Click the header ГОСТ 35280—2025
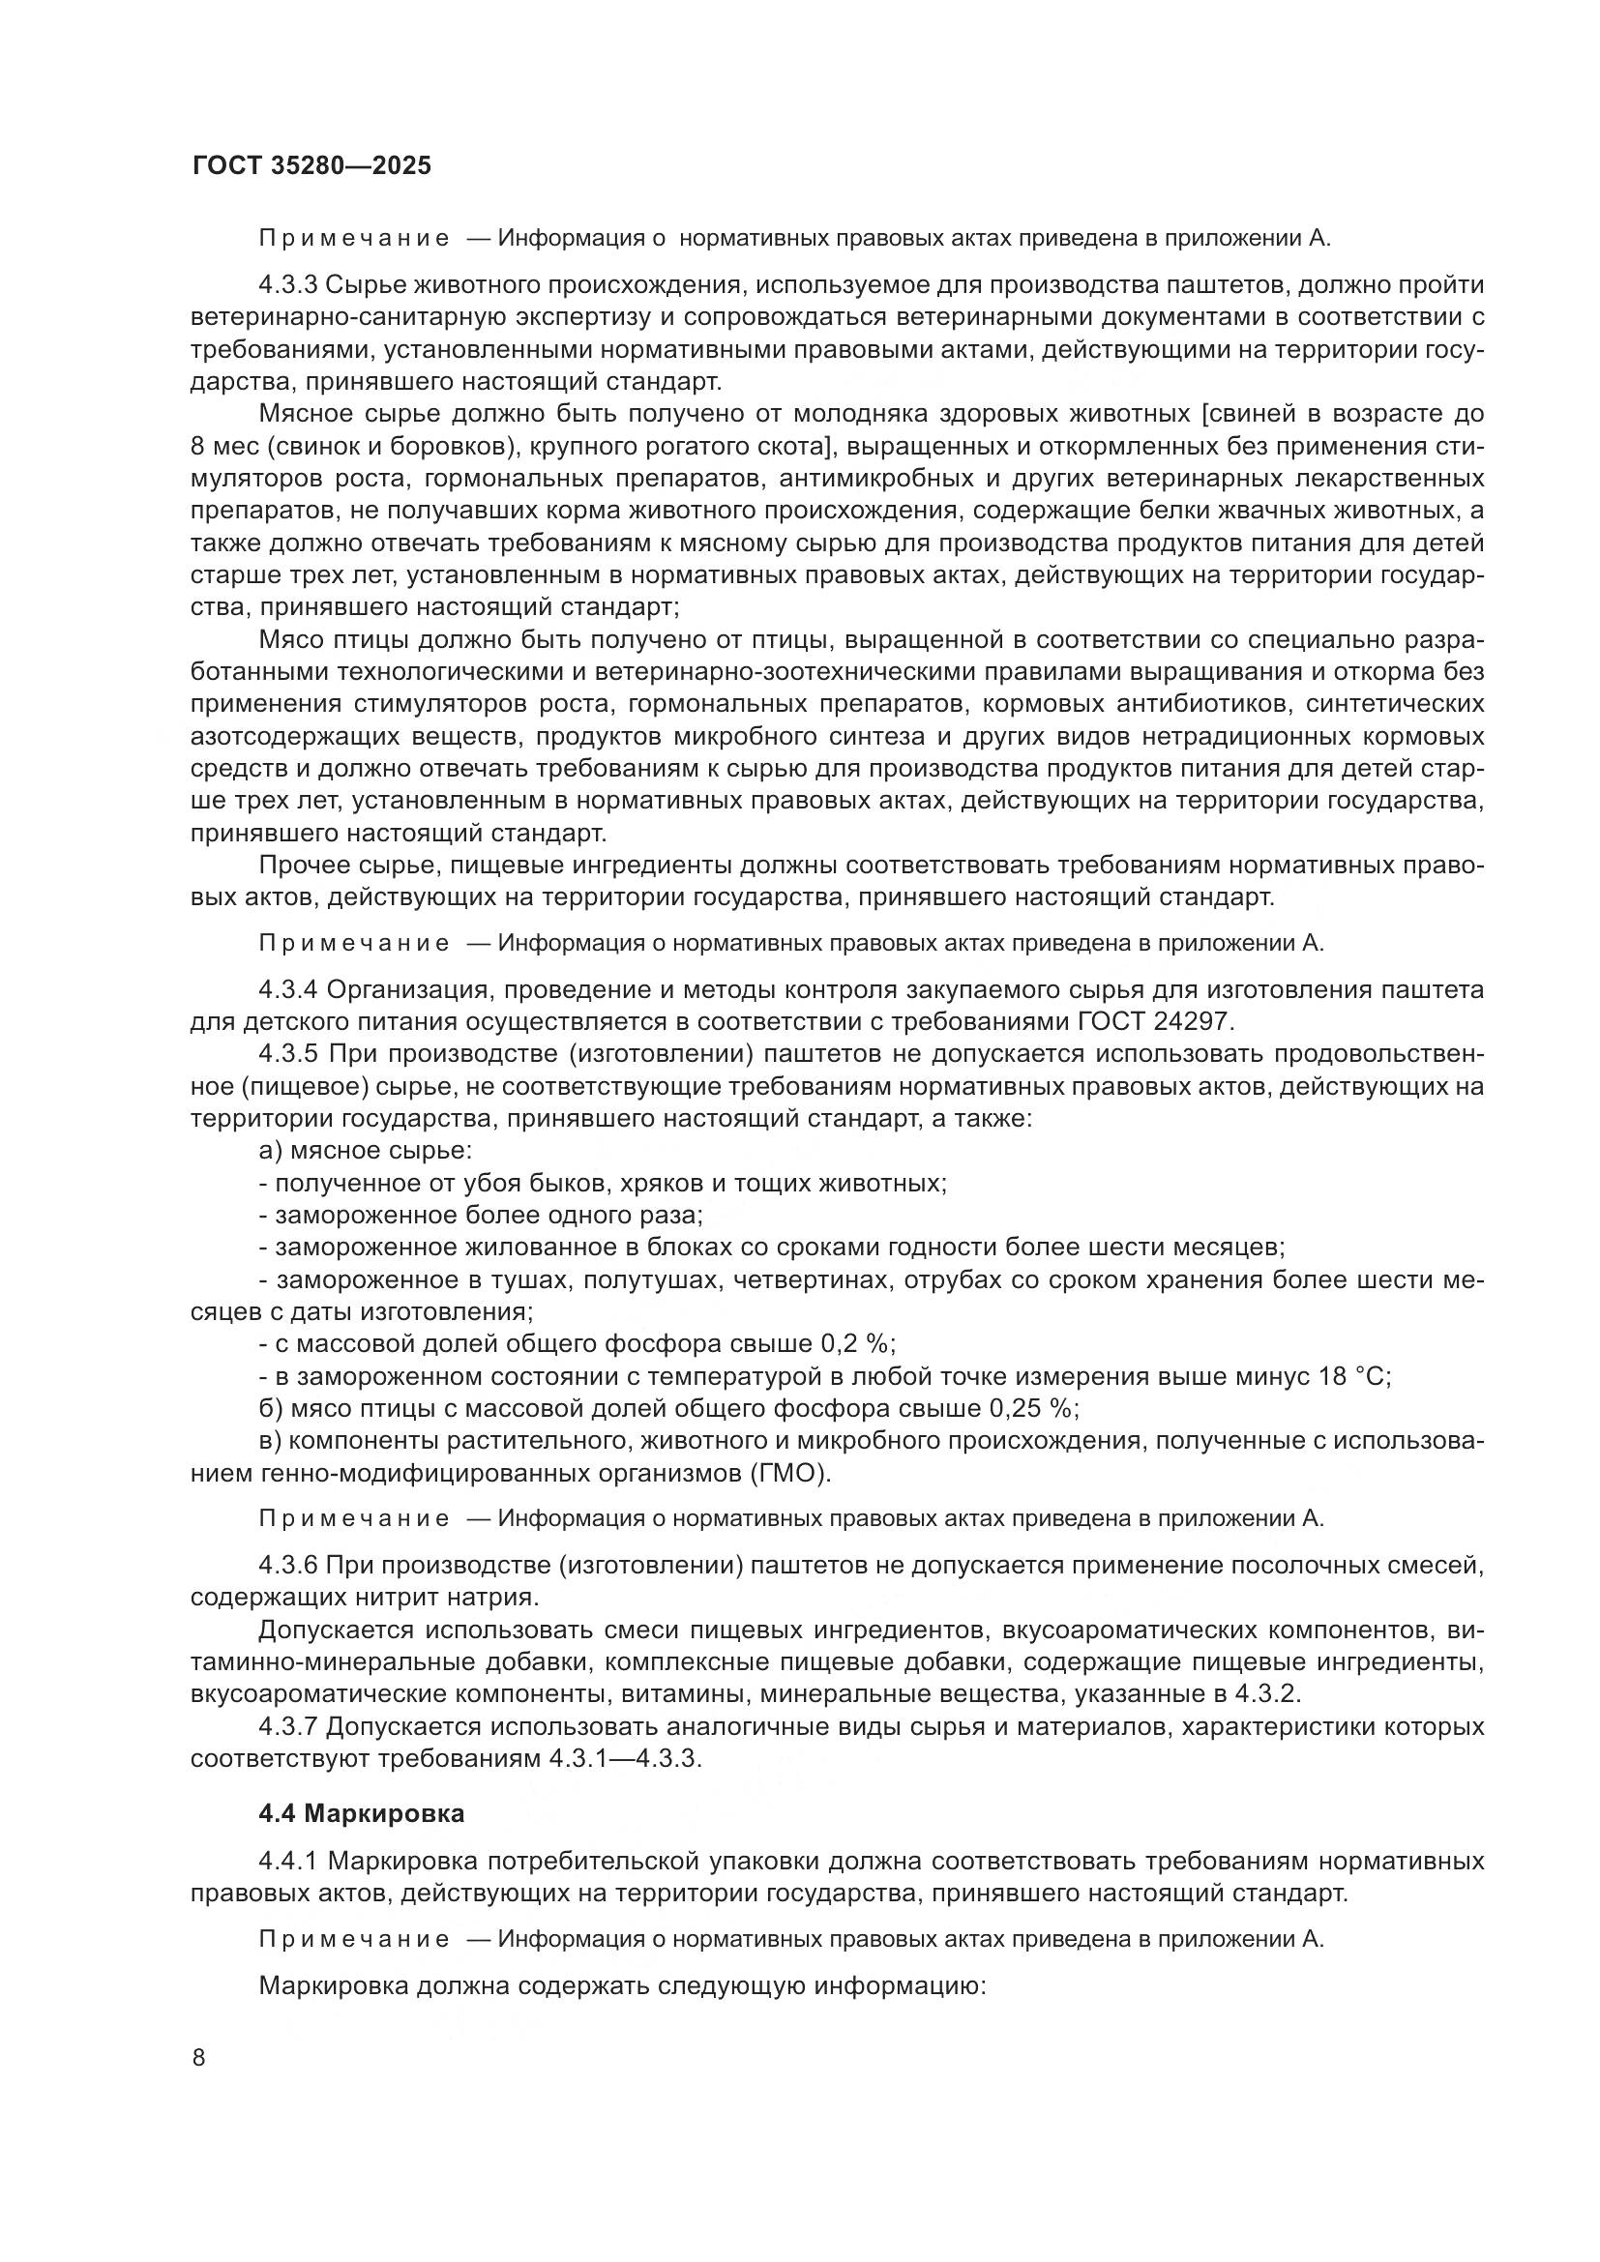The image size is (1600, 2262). [311, 165]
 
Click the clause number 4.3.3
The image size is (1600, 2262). [287, 285]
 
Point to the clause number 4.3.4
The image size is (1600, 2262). [287, 989]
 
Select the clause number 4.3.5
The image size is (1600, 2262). [287, 1054]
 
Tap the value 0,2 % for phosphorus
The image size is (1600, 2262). [857, 1344]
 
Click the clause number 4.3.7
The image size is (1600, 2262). [287, 1727]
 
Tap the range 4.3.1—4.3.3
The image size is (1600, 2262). [624, 1759]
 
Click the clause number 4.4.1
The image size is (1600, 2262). [287, 1861]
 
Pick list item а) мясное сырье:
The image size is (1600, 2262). [365, 1151]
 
